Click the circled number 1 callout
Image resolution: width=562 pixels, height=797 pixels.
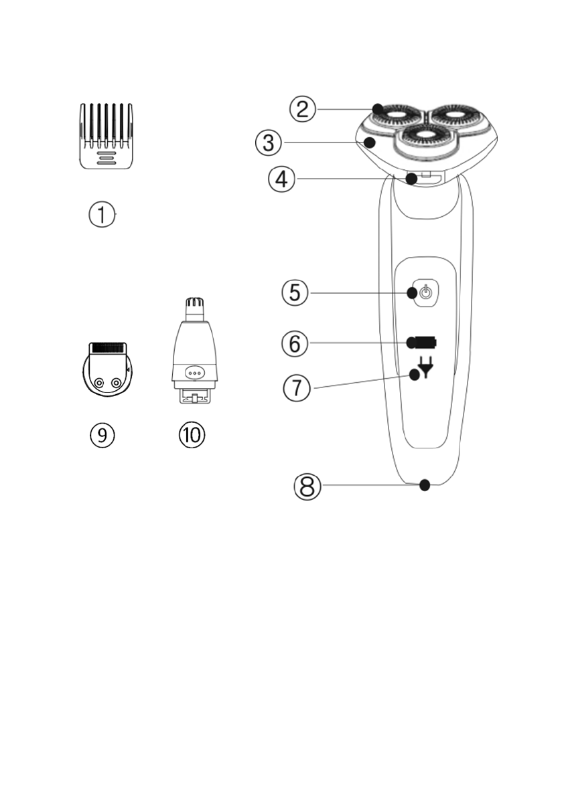(102, 215)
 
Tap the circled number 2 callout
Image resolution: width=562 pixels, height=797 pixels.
(303, 108)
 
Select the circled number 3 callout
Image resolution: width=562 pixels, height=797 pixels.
(268, 142)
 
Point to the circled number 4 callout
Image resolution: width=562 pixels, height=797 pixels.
(281, 179)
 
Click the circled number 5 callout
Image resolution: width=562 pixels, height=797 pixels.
(295, 293)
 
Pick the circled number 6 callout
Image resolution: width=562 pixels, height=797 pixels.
(294, 344)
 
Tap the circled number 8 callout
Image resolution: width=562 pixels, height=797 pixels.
(307, 486)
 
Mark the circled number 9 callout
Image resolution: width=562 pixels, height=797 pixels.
(102, 435)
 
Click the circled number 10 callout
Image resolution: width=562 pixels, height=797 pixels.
(192, 435)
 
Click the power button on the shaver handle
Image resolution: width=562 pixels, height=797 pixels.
(425, 293)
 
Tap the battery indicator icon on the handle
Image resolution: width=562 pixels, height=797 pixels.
(424, 343)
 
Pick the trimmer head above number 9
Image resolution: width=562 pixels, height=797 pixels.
(107, 370)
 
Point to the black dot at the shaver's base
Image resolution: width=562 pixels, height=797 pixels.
(424, 485)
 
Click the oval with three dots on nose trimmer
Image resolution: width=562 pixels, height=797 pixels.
(195, 373)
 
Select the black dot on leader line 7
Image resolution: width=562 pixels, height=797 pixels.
(415, 375)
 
